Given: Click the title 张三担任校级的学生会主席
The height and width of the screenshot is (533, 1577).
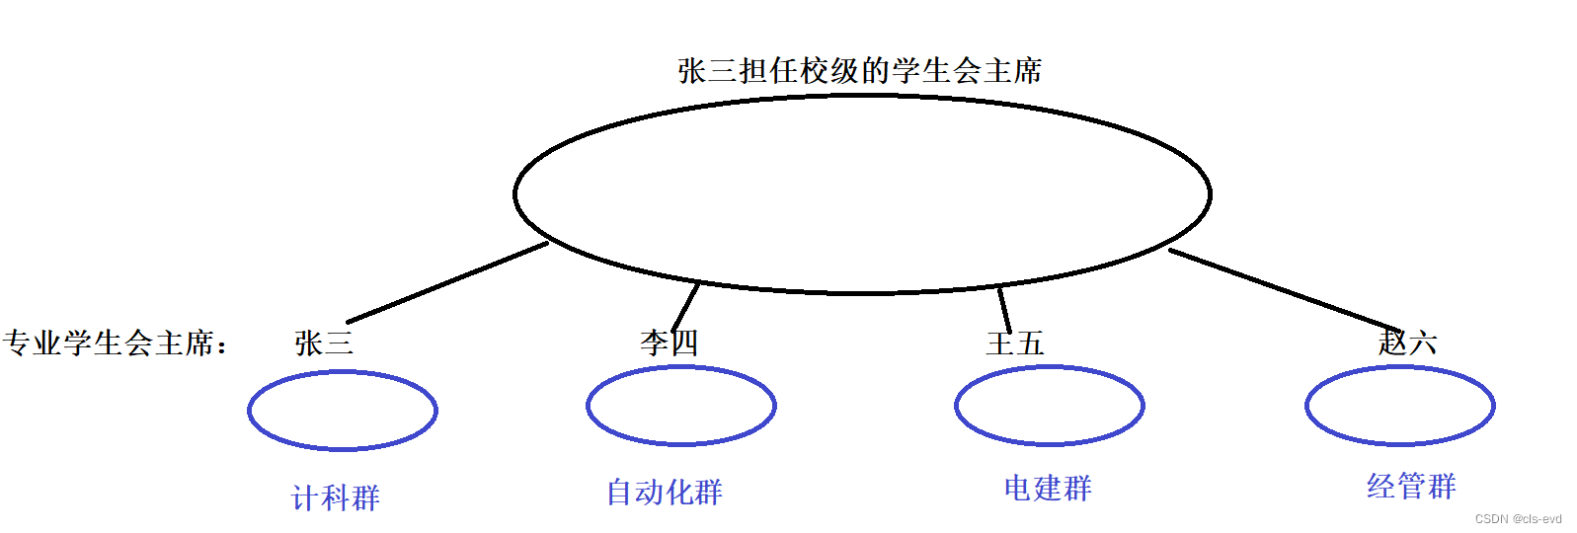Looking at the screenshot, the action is (859, 71).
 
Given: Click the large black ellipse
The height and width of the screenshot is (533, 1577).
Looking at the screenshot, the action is (862, 194).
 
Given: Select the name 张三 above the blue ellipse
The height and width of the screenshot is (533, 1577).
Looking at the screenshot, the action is (324, 343).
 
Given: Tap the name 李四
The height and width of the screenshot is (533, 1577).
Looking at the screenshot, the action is (670, 343).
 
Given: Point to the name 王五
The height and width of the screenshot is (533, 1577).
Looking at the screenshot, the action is (1014, 343).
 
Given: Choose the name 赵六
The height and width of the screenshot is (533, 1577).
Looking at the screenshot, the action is (1407, 343).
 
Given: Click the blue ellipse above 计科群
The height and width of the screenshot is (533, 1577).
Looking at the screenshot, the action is (342, 411).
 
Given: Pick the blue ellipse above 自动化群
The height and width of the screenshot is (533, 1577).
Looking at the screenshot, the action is (681, 406).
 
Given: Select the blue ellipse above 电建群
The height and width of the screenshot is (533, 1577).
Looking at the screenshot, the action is (1049, 406).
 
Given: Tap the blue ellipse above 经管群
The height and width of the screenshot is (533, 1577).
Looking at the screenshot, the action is (1399, 406).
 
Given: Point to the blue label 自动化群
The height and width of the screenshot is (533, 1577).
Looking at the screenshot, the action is (664, 492).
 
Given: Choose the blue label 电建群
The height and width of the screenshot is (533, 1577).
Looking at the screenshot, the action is (1048, 488).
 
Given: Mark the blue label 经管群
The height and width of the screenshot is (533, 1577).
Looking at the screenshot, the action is (1411, 486).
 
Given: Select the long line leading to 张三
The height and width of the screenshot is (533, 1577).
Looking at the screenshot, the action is (447, 282).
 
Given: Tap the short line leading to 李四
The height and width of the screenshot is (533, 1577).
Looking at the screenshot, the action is (686, 306).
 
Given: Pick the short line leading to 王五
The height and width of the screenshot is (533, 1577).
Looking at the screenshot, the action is (1004, 309).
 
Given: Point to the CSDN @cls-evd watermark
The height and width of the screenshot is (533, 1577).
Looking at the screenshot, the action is (1518, 519).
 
